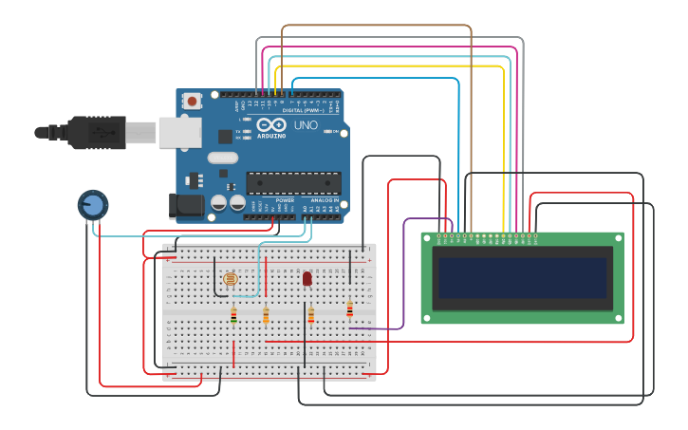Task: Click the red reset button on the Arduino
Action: pos(193,100)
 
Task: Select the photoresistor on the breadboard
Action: pos(230,279)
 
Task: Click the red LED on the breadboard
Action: pos(307,278)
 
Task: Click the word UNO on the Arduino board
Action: pos(306,125)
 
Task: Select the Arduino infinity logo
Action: pos(270,125)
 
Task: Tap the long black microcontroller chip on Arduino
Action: pos(293,181)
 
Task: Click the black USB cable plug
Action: pos(95,133)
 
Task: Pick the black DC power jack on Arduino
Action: pos(186,205)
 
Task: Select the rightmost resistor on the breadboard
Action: pos(349,308)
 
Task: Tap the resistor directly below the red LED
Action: pos(310,315)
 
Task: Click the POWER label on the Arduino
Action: pos(285,200)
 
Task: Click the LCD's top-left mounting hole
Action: pos(427,238)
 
